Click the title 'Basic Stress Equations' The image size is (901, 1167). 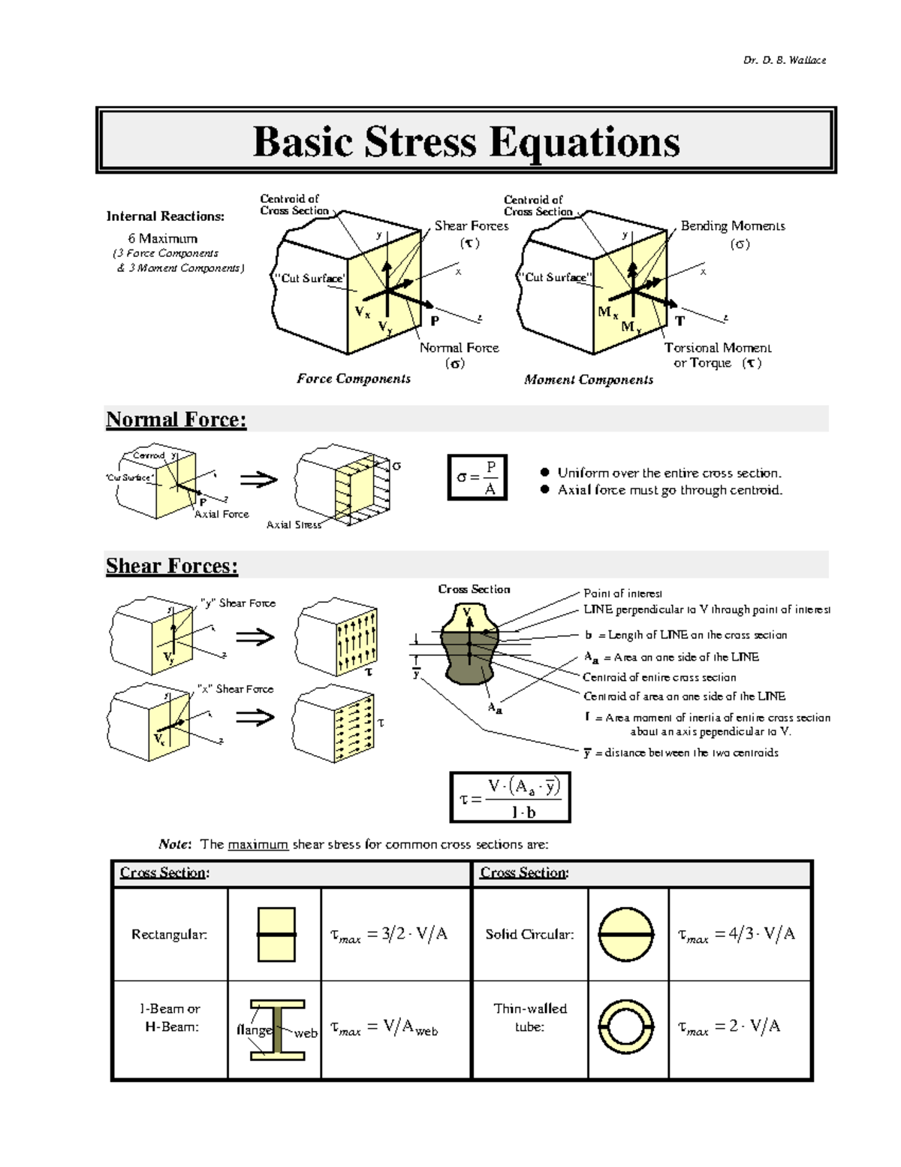(466, 141)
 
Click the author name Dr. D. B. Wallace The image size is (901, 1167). (785, 60)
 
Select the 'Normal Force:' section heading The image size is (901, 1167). (176, 419)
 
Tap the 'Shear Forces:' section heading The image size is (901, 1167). (172, 566)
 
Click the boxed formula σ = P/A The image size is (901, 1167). (478, 477)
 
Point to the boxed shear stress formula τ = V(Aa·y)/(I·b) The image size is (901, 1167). (511, 797)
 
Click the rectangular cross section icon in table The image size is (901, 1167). (276, 934)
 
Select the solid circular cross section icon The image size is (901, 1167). (625, 934)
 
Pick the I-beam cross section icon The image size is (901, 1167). (277, 1029)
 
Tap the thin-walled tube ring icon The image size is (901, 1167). (625, 1026)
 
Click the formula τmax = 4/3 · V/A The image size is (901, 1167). (737, 935)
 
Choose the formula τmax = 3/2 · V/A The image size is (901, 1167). (389, 935)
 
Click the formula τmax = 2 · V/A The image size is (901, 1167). (729, 1027)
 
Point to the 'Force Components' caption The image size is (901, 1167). (354, 379)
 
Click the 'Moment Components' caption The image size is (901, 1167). (589, 379)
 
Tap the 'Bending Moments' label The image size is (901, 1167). (733, 226)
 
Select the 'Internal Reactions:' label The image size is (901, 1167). (165, 216)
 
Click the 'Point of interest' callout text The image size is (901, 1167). (622, 594)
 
